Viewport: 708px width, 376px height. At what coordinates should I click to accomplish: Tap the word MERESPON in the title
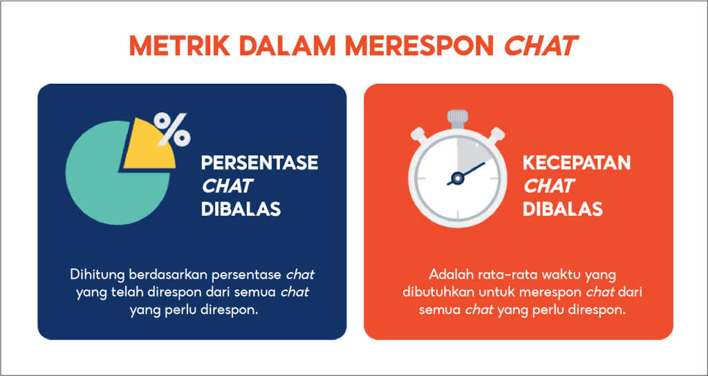[429, 45]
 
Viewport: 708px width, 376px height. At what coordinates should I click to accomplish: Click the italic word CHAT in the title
[541, 45]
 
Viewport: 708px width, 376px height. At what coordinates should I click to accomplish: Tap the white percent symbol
[172, 129]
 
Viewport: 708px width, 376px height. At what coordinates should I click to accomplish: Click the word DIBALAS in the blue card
[241, 210]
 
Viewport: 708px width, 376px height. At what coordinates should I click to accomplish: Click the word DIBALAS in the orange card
[563, 210]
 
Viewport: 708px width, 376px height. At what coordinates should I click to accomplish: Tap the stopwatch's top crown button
[458, 117]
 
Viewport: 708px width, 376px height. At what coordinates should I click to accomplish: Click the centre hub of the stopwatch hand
[458, 178]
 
